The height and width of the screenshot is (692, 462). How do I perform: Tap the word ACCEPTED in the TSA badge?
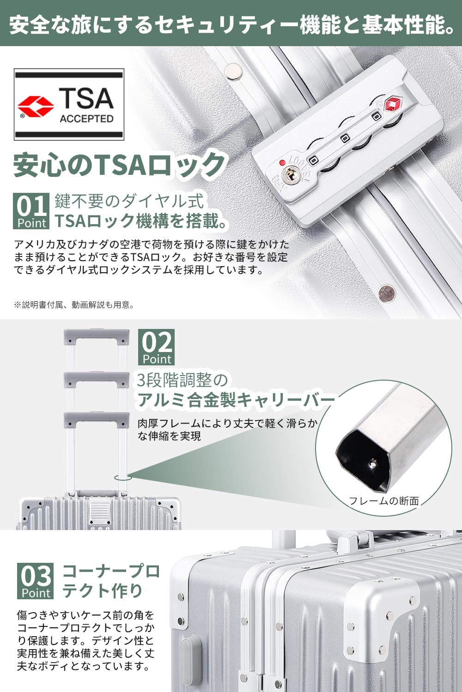click(86, 119)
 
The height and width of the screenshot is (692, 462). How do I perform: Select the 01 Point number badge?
click(31, 211)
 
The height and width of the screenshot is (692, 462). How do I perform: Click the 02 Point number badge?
click(156, 347)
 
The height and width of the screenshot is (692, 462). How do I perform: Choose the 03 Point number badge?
click(35, 580)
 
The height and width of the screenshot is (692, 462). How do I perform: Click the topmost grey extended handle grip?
click(96, 337)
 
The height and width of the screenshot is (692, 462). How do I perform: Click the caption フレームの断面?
click(383, 501)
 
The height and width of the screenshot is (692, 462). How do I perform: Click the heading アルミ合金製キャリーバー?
click(236, 400)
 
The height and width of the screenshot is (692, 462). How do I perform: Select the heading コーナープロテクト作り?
click(111, 580)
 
